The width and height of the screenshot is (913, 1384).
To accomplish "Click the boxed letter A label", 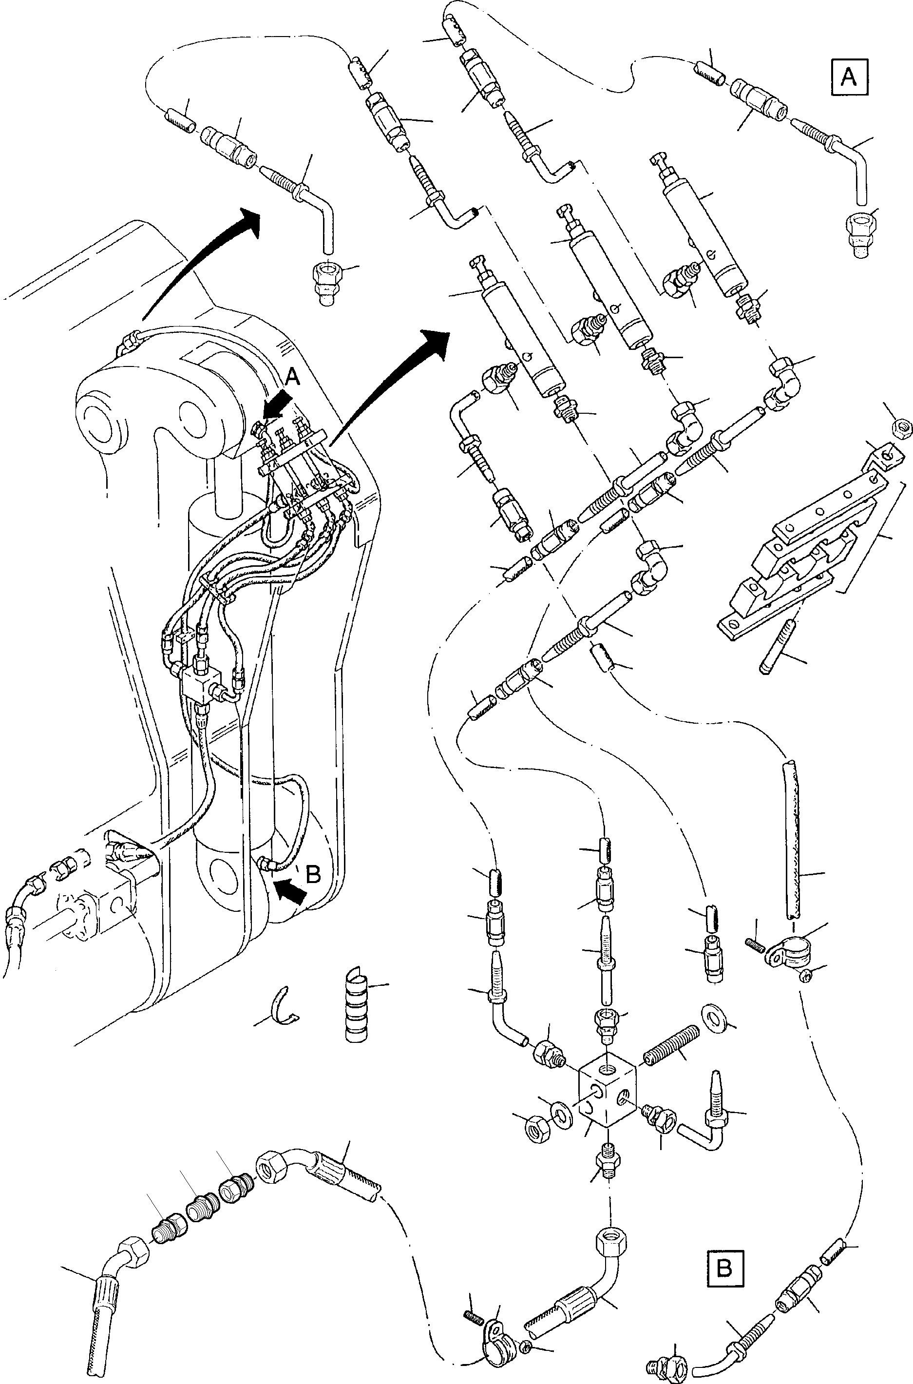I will click(x=848, y=77).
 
